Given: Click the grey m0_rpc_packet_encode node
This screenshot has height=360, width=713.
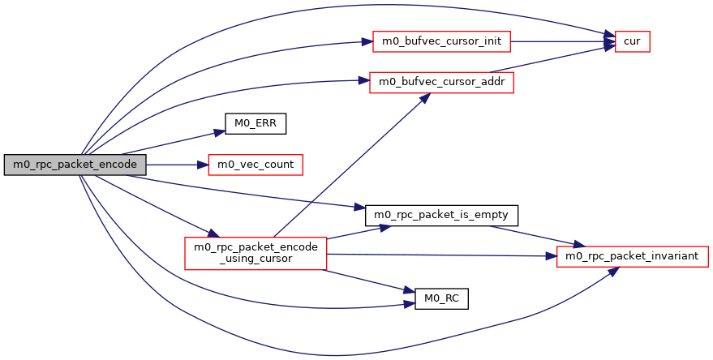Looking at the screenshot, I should [x=75, y=164].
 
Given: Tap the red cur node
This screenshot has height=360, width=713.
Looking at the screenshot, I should [x=633, y=41].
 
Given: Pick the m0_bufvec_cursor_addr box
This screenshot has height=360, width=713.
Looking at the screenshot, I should [x=441, y=83].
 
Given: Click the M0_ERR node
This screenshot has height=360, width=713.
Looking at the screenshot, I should [x=256, y=123].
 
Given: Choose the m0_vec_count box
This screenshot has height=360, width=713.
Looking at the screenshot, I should [x=256, y=164].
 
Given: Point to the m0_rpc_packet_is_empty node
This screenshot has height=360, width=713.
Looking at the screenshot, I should [x=441, y=215].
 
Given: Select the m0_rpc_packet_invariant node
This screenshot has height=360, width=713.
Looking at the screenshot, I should [x=633, y=256].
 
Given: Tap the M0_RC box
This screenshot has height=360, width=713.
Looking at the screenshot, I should [x=441, y=298].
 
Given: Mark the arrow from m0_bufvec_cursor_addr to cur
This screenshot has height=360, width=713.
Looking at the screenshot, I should [x=560, y=59].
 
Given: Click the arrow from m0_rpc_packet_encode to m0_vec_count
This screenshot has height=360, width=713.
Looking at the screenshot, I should [x=174, y=164].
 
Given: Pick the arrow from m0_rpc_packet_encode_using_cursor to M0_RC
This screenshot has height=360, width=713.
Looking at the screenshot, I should [x=365, y=281].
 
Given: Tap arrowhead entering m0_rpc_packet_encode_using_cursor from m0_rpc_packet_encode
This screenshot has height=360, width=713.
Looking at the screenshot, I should [x=213, y=234].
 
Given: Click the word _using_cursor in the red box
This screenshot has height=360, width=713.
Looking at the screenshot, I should [x=256, y=259].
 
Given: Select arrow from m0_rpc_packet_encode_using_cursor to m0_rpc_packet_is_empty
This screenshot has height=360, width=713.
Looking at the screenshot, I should [x=357, y=231].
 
